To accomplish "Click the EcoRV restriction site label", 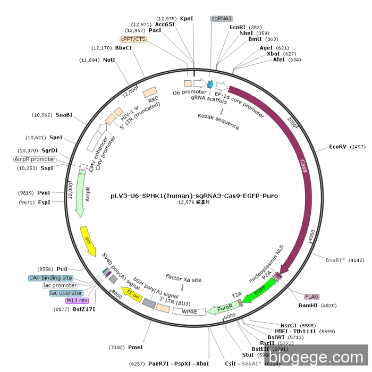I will [x=337, y=146].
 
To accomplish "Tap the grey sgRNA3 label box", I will [x=222, y=19].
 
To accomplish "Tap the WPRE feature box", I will [x=189, y=311].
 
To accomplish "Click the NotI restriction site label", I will [x=109, y=60].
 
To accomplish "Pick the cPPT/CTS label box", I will [x=133, y=39].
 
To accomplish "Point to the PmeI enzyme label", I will [x=136, y=347].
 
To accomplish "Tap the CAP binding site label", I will [x=50, y=278].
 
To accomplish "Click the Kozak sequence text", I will [x=218, y=121].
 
